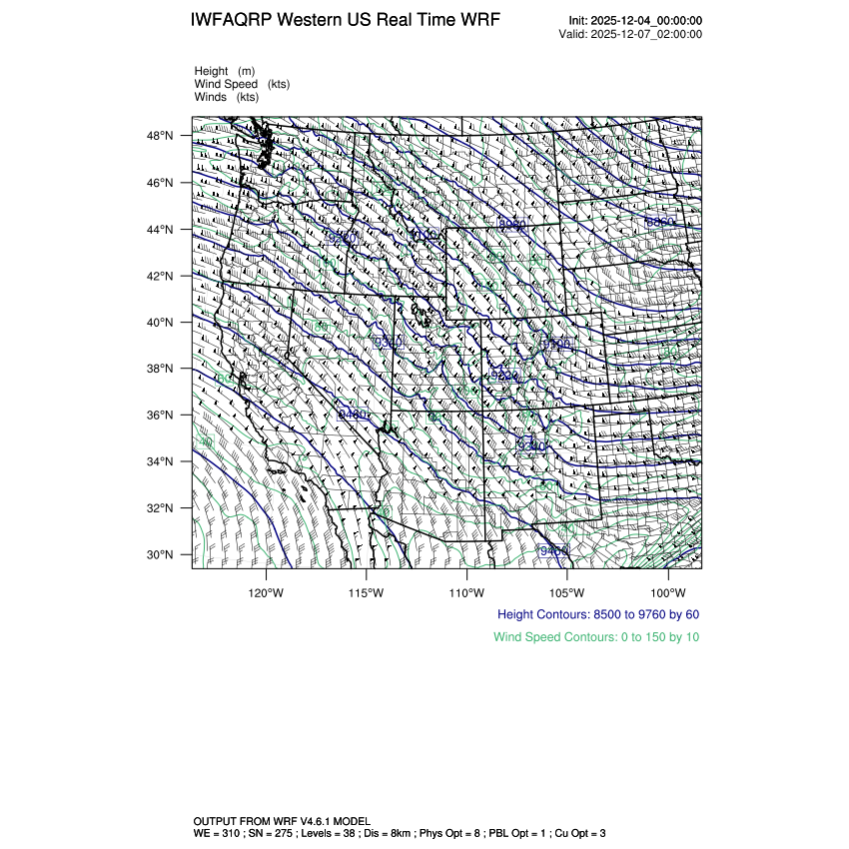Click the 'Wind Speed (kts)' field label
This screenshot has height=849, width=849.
click(x=243, y=84)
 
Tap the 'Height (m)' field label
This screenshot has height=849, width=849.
click(x=225, y=71)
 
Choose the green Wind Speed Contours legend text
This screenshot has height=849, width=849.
click(x=596, y=636)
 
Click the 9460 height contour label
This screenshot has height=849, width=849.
click(x=554, y=550)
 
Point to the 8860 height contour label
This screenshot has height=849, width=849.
click(x=660, y=222)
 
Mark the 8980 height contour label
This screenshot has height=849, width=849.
click(x=512, y=225)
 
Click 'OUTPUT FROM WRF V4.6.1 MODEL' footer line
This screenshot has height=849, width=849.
click(x=282, y=820)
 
